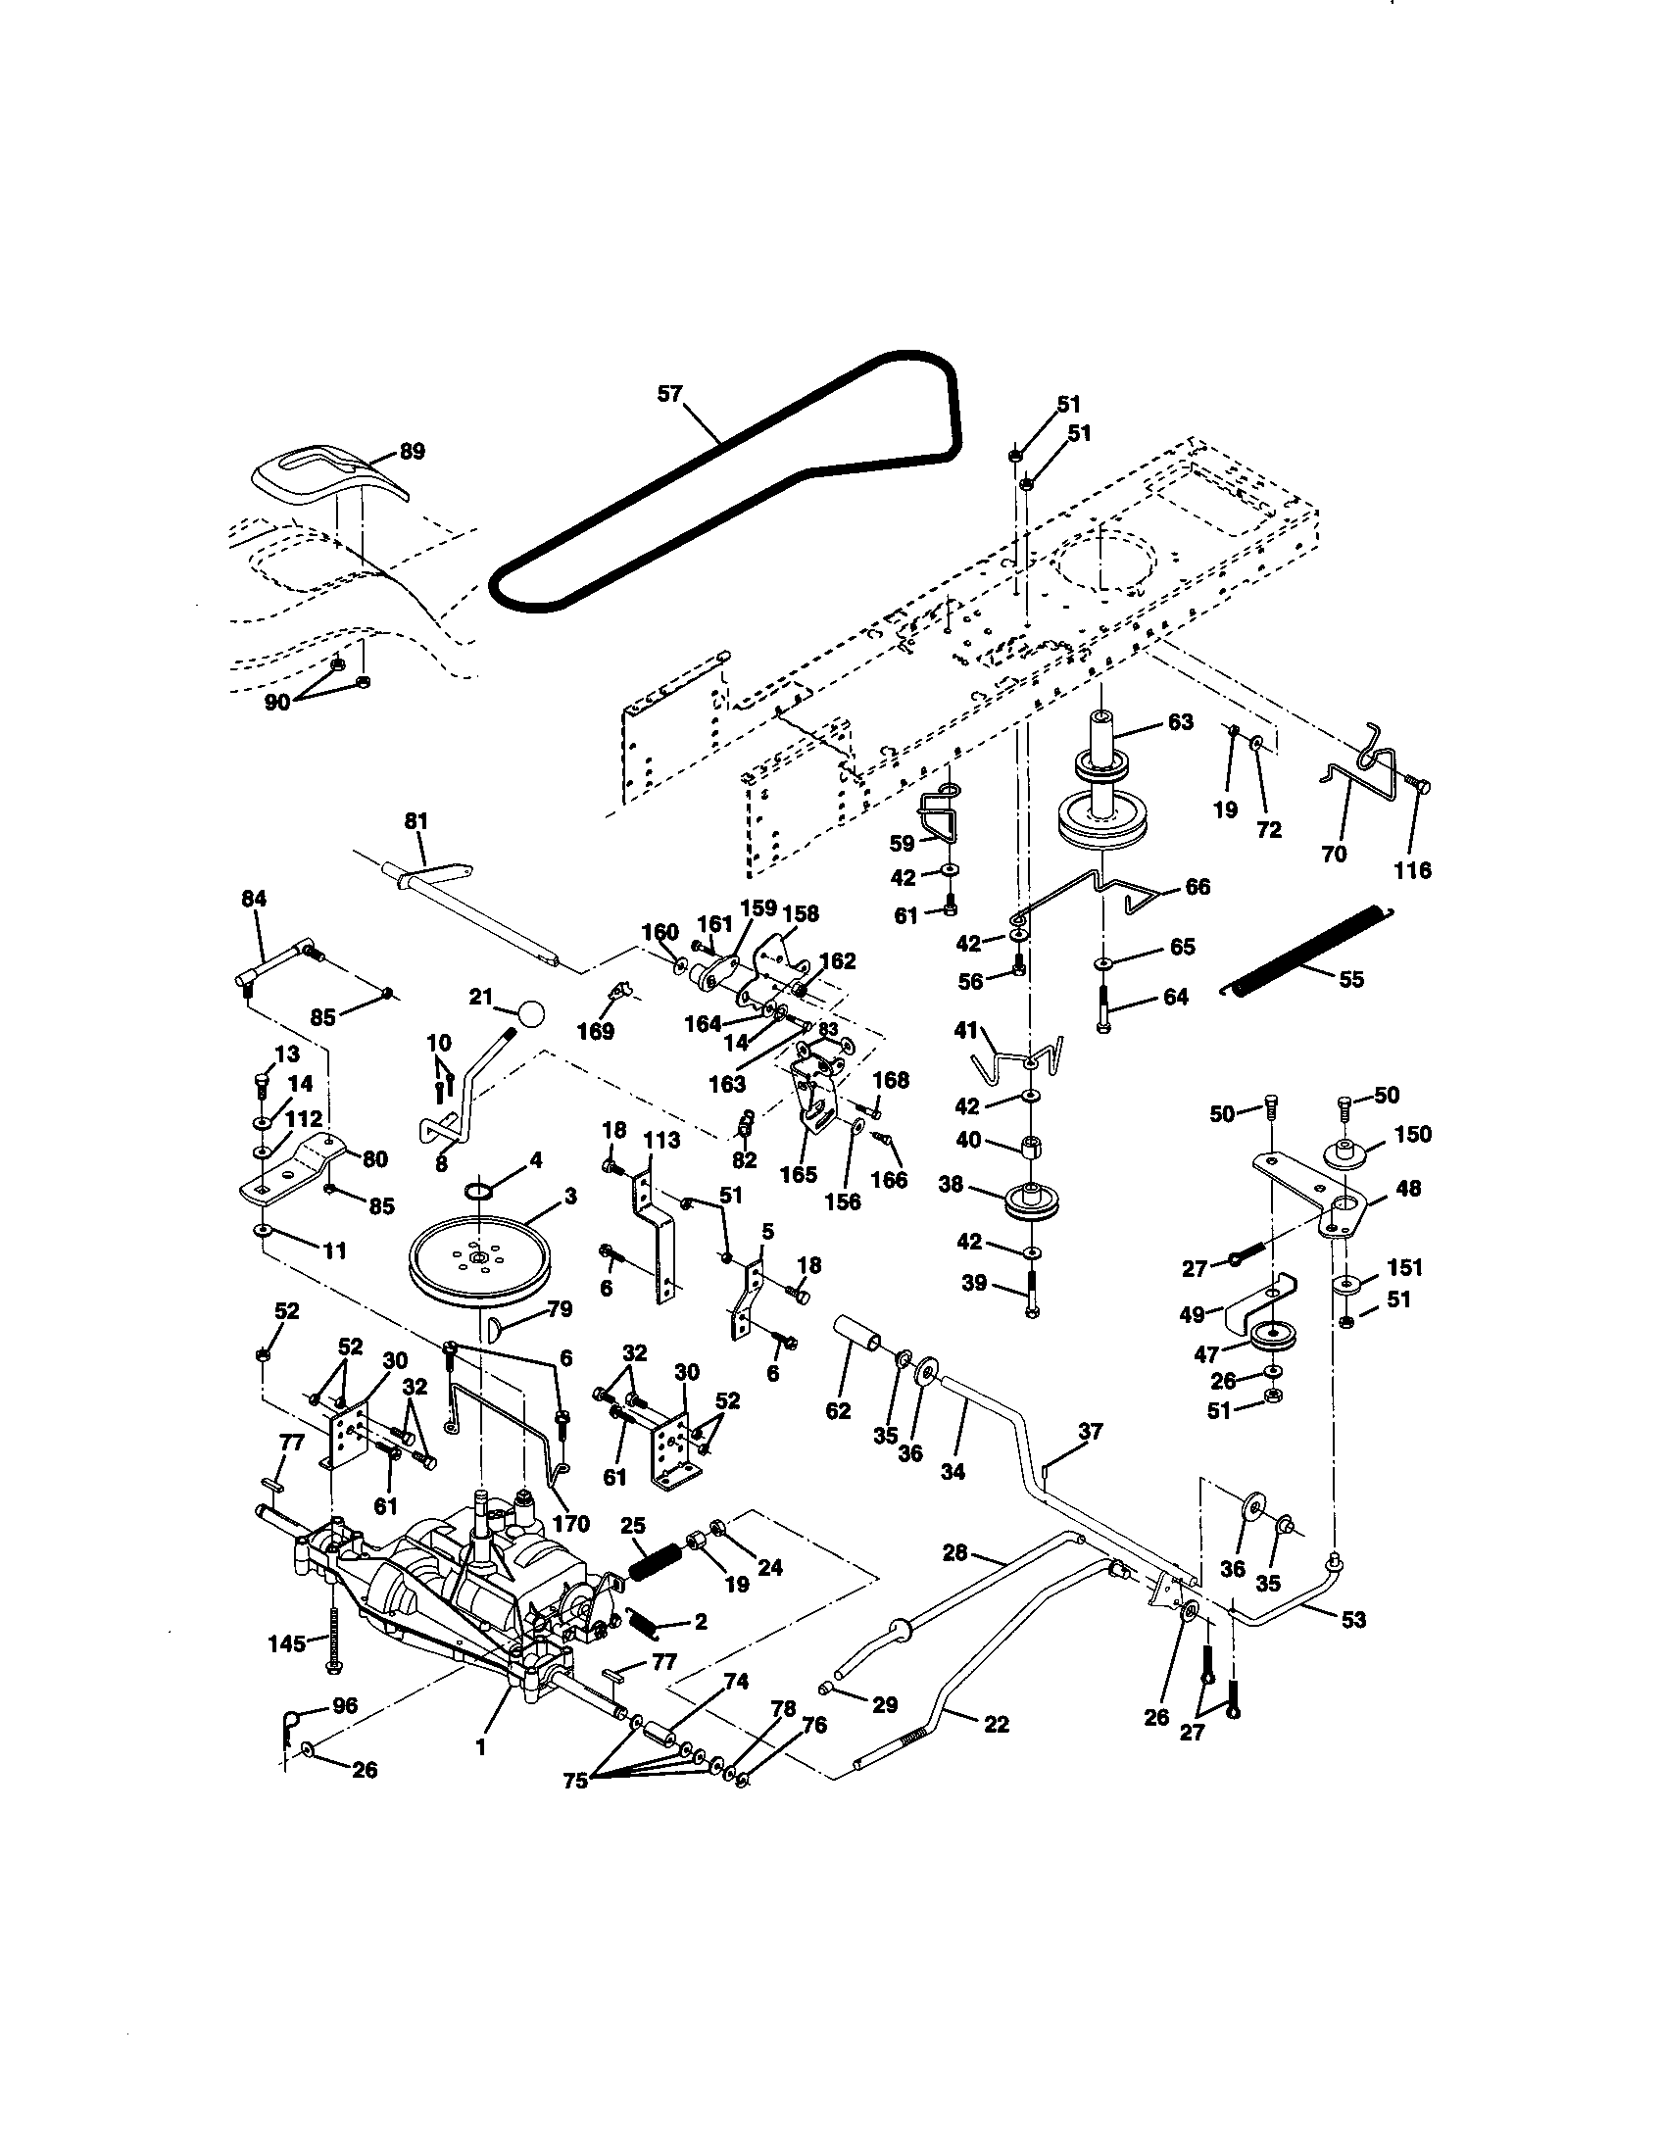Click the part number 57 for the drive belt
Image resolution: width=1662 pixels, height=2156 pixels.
click(x=670, y=394)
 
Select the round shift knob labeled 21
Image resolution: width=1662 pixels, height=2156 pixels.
click(x=530, y=1013)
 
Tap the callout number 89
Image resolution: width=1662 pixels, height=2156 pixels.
click(x=412, y=451)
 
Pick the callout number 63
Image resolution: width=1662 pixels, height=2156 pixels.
click(x=1180, y=721)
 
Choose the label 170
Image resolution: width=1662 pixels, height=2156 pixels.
click(x=570, y=1523)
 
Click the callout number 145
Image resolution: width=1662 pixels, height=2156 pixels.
click(x=286, y=1641)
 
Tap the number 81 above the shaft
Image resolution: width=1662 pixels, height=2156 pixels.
click(x=416, y=820)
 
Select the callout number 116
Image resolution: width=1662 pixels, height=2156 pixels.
click(x=1413, y=870)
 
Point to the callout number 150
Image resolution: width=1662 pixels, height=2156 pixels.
click(x=1414, y=1134)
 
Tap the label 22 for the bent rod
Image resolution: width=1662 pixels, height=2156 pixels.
click(x=997, y=1724)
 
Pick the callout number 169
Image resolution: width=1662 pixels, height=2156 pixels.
click(x=596, y=1032)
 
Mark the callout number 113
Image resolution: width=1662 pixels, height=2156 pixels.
click(x=661, y=1140)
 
